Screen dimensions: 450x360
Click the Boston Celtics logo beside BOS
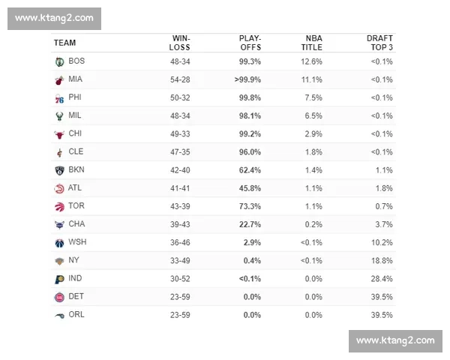coord(60,61)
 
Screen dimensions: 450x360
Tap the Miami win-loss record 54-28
coord(180,79)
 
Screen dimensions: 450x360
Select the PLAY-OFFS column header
coord(250,43)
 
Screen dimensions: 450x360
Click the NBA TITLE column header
coord(312,43)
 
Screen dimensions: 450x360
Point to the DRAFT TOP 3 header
coord(379,43)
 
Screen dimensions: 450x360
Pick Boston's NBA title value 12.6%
coord(311,61)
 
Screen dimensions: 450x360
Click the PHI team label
coord(75,97)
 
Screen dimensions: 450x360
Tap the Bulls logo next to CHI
coord(59,134)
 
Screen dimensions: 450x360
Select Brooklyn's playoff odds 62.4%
coord(250,170)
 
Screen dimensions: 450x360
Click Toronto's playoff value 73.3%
coord(250,206)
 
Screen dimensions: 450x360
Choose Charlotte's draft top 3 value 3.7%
coord(384,224)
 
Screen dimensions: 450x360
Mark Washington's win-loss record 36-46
coord(180,242)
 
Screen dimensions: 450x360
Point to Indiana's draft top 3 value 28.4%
coord(382,279)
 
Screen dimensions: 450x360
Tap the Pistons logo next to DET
coord(59,297)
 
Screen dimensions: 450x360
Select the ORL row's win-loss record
coord(180,315)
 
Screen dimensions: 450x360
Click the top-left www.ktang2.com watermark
coord(54,19)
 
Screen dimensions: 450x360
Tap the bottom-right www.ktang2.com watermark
coord(395,341)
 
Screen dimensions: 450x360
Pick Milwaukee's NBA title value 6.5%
coord(313,116)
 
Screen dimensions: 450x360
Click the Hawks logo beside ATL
coord(59,189)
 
